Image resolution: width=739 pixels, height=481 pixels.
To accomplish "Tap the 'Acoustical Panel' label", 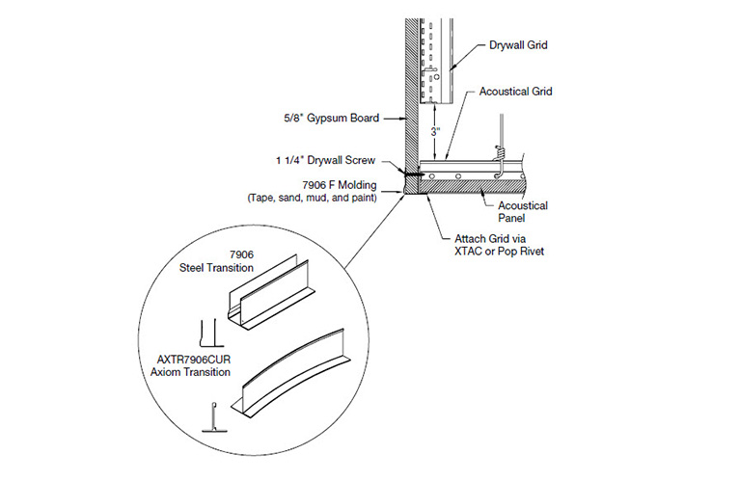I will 523,212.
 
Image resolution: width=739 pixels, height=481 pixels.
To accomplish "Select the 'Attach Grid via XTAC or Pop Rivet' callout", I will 496,245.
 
